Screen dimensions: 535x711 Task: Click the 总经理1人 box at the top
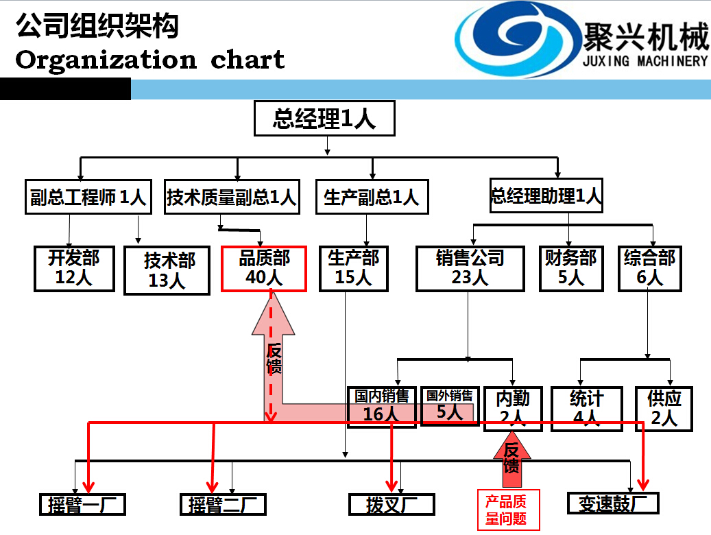(324, 119)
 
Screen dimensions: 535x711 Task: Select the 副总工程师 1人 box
(88, 197)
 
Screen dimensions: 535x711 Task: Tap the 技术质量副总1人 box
(231, 197)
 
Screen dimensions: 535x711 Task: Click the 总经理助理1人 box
(546, 195)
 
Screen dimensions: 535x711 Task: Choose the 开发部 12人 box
(74, 267)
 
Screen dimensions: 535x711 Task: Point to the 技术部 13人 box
(167, 270)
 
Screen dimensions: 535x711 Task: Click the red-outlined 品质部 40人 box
(265, 267)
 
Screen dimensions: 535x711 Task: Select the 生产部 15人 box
(353, 267)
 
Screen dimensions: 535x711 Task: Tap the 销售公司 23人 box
(470, 267)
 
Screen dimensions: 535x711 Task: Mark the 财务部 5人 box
(570, 267)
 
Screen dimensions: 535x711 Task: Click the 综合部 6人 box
(649, 267)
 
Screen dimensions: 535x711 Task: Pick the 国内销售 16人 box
(381, 406)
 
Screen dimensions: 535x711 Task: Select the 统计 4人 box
(586, 407)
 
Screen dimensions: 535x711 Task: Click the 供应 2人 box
(664, 407)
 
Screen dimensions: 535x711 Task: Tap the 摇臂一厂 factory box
(82, 505)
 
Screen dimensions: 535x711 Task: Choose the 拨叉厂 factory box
(391, 505)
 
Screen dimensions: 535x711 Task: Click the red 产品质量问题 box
(508, 510)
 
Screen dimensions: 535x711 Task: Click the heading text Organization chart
(149, 60)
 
